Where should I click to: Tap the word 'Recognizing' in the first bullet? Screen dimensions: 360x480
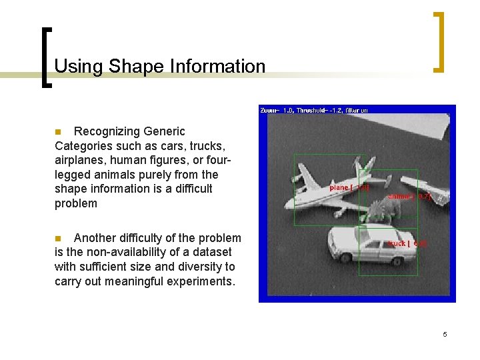[129, 131]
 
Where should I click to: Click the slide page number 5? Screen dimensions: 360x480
[445, 334]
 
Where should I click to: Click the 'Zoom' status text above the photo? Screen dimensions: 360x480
[270, 110]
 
